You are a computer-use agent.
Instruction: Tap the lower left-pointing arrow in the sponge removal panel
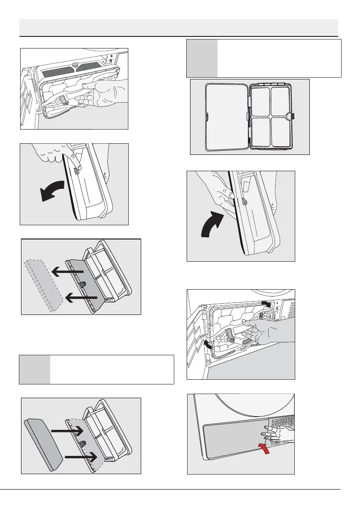(81, 297)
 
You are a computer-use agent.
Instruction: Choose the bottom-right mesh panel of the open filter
(281, 133)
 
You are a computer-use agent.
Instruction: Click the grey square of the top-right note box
(202, 58)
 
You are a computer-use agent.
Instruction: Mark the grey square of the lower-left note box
(35, 369)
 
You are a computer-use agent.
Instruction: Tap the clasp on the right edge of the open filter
(293, 115)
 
